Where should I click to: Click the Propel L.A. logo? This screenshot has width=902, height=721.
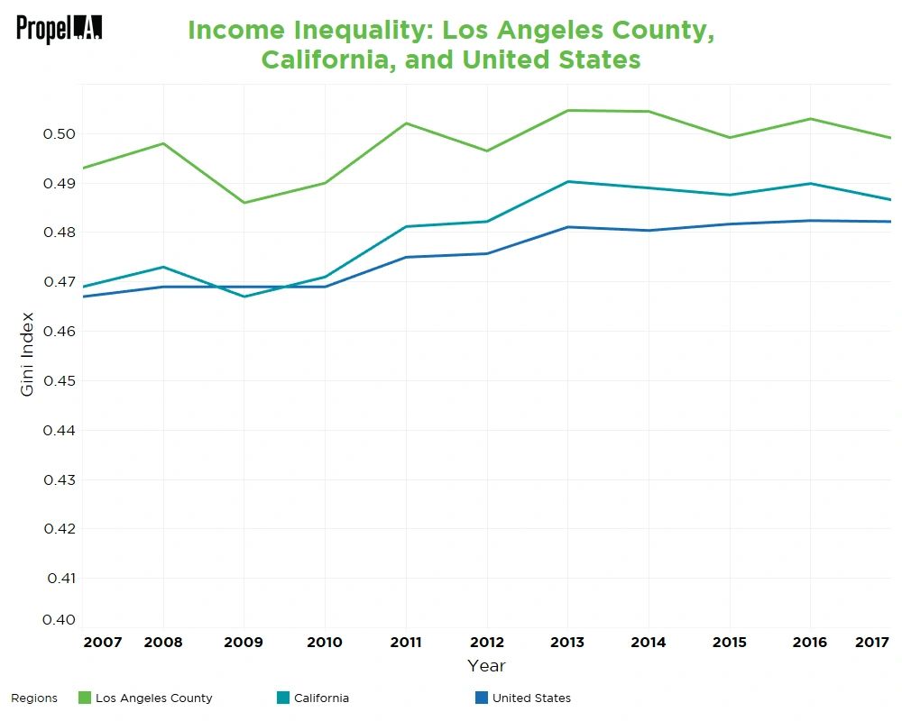pyautogui.click(x=59, y=28)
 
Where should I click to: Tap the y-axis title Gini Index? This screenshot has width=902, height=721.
pyautogui.click(x=26, y=353)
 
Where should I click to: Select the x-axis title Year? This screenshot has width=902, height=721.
pyautogui.click(x=486, y=666)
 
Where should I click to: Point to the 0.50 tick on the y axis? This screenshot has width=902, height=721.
pyautogui.click(x=60, y=134)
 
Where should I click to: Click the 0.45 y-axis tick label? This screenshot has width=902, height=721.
pyautogui.click(x=60, y=380)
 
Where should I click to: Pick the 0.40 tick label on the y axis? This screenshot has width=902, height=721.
pyautogui.click(x=60, y=619)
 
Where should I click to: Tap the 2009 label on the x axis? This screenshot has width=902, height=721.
pyautogui.click(x=244, y=642)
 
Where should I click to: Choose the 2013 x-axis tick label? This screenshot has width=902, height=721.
pyautogui.click(x=567, y=642)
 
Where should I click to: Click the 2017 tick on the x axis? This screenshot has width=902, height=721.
pyautogui.click(x=872, y=642)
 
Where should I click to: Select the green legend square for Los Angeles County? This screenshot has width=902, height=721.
pyautogui.click(x=85, y=698)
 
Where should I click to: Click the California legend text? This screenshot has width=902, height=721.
pyautogui.click(x=321, y=698)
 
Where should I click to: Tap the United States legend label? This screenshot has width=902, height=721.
pyautogui.click(x=531, y=698)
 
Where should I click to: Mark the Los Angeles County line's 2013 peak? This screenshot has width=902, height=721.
pyautogui.click(x=567, y=110)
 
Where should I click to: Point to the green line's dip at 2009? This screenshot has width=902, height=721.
pyautogui.click(x=244, y=203)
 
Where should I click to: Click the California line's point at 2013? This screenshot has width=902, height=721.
pyautogui.click(x=567, y=182)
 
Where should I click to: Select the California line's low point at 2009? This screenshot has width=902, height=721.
pyautogui.click(x=244, y=297)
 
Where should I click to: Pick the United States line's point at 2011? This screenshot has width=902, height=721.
pyautogui.click(x=406, y=257)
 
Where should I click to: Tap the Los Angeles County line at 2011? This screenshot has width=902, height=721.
pyautogui.click(x=406, y=123)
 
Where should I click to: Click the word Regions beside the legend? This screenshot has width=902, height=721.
pyautogui.click(x=34, y=698)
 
